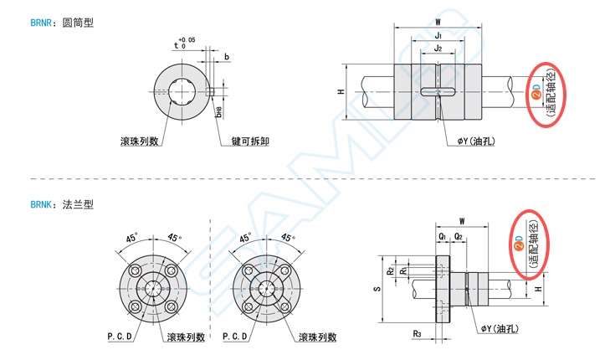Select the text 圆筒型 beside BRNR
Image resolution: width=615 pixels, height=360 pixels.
click(x=78, y=23)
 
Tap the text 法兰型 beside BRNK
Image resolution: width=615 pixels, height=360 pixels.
click(x=78, y=203)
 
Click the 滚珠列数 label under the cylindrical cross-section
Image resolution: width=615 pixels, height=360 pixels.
click(x=140, y=141)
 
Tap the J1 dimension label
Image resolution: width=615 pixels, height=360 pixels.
click(x=438, y=36)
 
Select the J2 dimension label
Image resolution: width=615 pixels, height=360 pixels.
click(x=438, y=49)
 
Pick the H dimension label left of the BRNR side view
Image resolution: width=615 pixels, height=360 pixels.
click(x=341, y=92)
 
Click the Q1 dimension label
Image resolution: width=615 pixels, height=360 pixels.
click(x=441, y=237)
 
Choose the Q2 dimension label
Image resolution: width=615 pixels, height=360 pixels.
click(x=459, y=237)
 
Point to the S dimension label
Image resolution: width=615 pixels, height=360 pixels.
click(x=377, y=288)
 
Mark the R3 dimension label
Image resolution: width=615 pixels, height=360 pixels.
click(x=416, y=333)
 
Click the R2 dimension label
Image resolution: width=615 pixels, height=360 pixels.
click(x=390, y=270)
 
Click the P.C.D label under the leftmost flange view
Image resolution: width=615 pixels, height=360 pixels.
click(x=119, y=337)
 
